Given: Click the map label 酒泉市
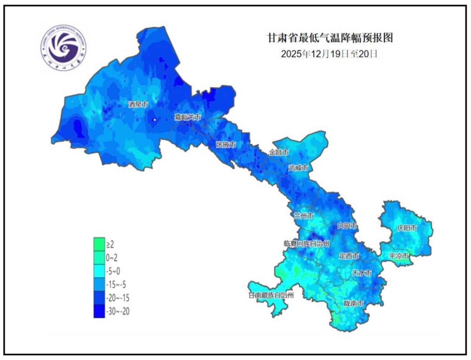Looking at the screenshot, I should click(138, 105).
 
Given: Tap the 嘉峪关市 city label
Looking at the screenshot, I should click(188, 117).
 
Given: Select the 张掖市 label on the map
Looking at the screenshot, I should click(226, 144).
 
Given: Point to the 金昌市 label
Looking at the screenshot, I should click(279, 153).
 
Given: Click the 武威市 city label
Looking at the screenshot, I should click(299, 168).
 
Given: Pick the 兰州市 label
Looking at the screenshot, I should click(303, 216).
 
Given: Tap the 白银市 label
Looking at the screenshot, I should click(348, 226).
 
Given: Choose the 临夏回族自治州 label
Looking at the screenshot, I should click(306, 243).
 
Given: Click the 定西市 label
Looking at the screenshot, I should click(349, 256).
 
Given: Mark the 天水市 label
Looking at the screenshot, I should click(362, 273).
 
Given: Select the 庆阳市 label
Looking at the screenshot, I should click(407, 228).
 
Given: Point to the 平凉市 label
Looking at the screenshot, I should click(399, 256).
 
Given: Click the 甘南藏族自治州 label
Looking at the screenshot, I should click(270, 295).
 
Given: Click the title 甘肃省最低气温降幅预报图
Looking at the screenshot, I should click(330, 38).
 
